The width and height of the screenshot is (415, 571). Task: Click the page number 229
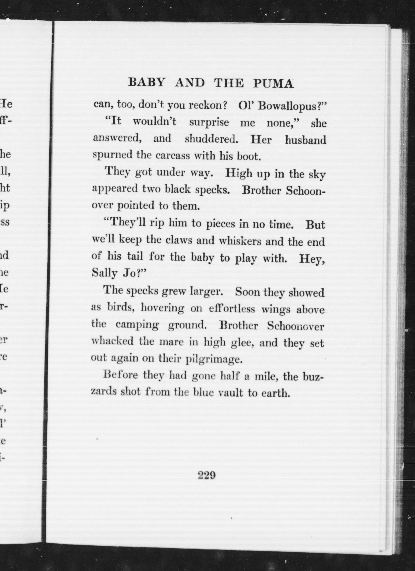(x=207, y=475)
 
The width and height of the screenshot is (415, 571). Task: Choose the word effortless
(x=232, y=309)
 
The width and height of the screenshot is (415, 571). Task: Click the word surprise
(x=209, y=123)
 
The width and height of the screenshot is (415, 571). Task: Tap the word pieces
(x=221, y=224)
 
